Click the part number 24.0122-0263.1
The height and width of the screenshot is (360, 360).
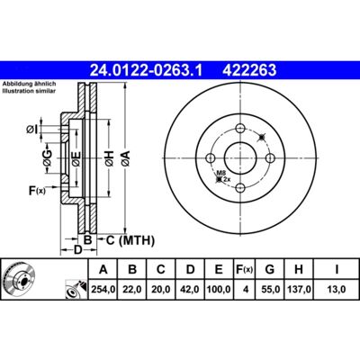point(147,70)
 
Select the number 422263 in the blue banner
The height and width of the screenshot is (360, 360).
point(249,70)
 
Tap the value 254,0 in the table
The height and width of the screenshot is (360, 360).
point(103,289)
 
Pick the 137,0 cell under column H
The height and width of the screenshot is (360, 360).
point(299,289)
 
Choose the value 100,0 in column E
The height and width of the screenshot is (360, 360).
point(219,289)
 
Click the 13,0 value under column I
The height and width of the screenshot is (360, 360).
point(337,289)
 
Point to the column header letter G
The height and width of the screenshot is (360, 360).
point(270,269)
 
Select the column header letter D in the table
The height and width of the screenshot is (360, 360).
point(190,269)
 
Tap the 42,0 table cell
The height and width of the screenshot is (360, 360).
point(190,289)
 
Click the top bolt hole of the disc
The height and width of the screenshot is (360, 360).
point(240,129)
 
